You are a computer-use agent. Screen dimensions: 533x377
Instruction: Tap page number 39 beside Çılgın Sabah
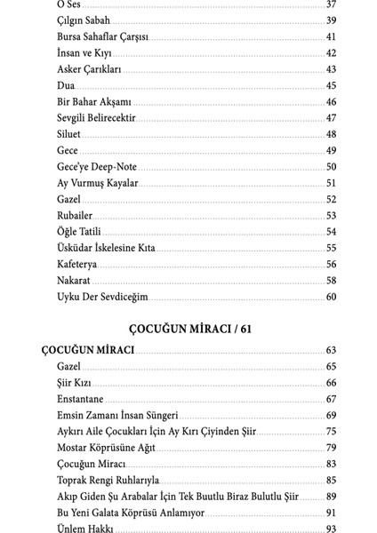click(x=330, y=20)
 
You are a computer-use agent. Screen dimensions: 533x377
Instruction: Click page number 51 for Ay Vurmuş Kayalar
click(x=330, y=182)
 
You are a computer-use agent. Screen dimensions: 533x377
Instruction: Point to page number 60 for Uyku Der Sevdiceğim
click(x=330, y=296)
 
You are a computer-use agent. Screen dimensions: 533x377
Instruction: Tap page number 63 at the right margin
click(x=330, y=350)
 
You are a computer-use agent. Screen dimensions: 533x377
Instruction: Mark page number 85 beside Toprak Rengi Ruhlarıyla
click(x=330, y=480)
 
